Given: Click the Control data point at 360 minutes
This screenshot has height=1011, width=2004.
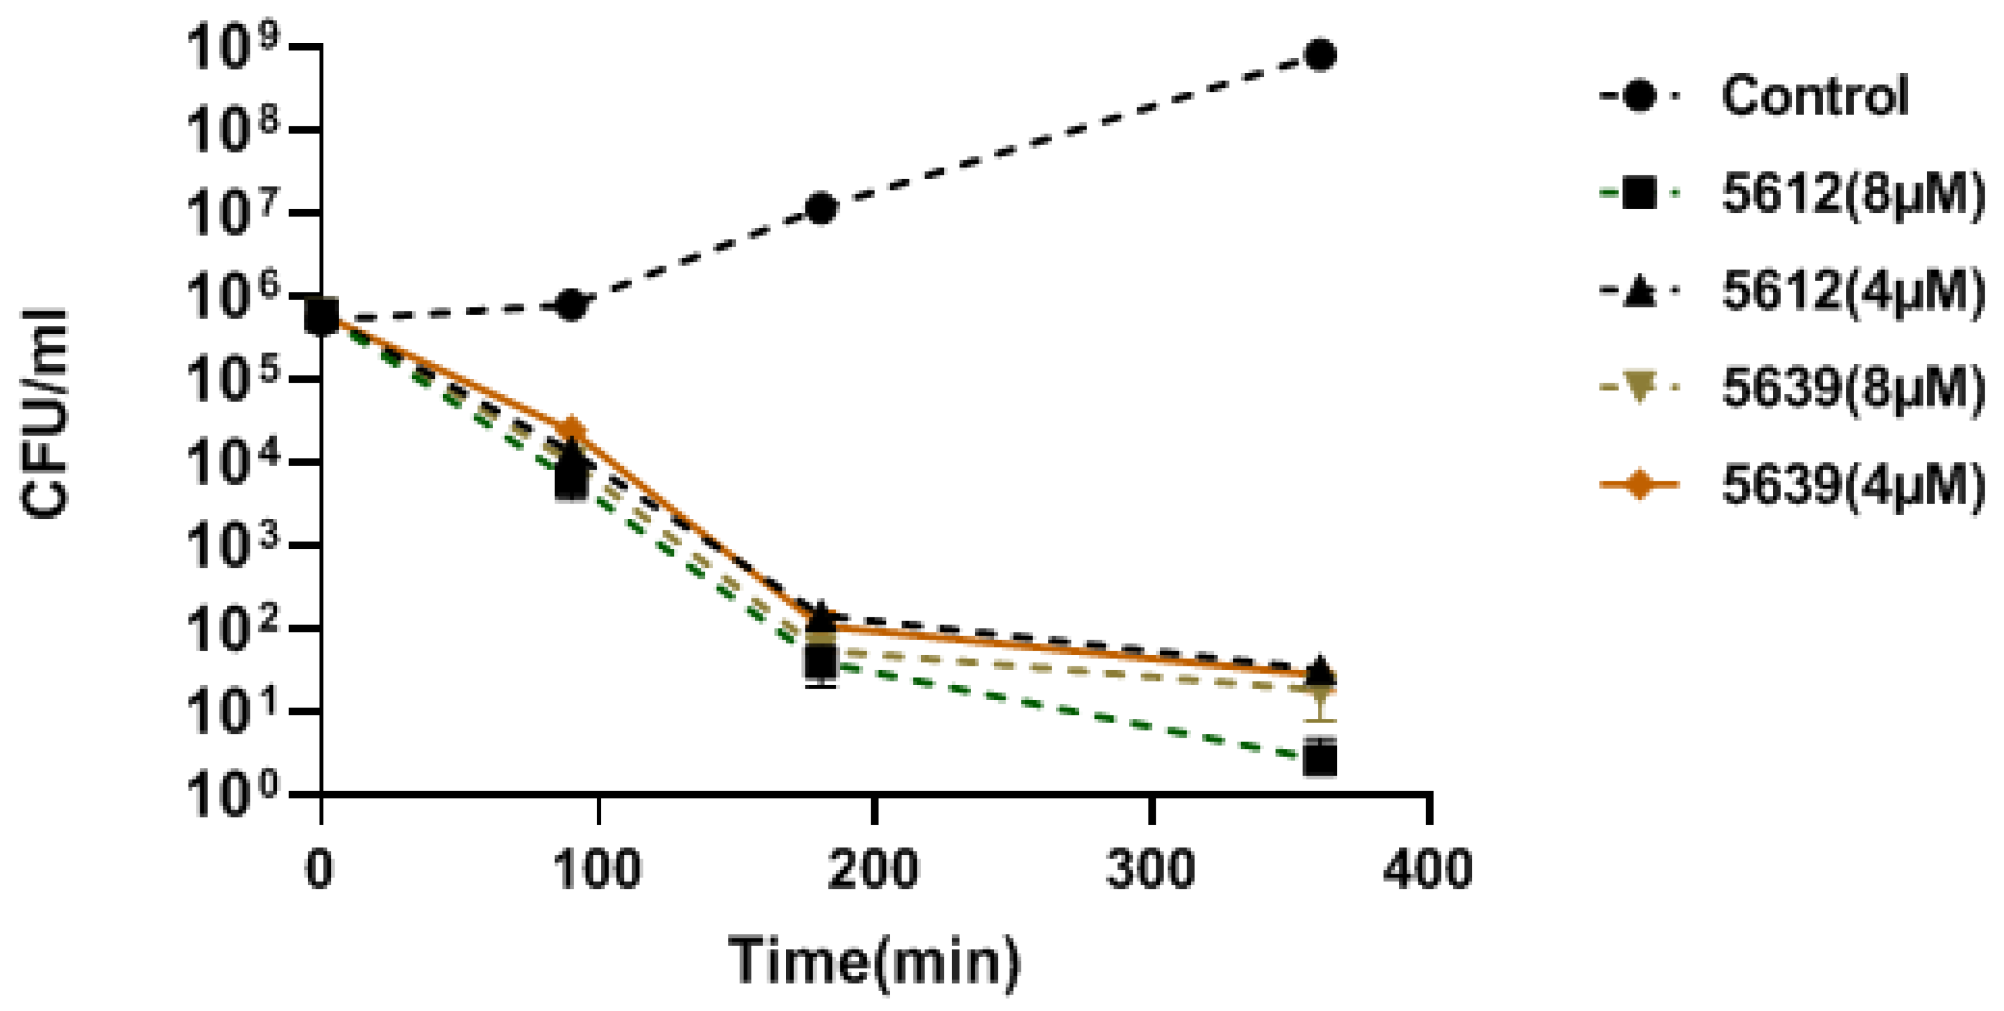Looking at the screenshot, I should (x=1320, y=55).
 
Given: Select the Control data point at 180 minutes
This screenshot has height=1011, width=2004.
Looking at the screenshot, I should (x=822, y=209).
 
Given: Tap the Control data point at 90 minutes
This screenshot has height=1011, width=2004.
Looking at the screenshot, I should (x=572, y=305).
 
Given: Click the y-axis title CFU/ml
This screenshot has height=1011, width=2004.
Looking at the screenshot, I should (x=45, y=412).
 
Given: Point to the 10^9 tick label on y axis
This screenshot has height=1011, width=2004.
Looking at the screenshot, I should (x=234, y=48).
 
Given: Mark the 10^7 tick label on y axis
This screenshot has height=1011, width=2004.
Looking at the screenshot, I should (x=234, y=214).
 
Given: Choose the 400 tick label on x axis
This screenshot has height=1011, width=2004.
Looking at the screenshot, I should (x=1429, y=869).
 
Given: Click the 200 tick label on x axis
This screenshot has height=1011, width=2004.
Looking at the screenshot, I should (x=874, y=869).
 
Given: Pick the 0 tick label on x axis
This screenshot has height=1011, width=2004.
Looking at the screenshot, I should (x=319, y=869).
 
